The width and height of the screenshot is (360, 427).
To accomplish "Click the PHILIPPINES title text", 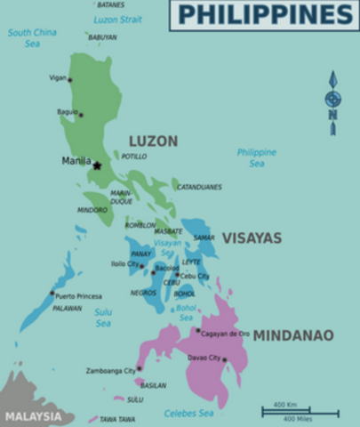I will [264, 15].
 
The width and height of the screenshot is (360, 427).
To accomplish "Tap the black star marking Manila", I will [97, 165].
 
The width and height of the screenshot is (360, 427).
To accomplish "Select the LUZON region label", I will [153, 141].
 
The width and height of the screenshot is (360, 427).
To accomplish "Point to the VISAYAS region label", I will [252, 238].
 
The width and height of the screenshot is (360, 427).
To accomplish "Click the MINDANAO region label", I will [293, 335].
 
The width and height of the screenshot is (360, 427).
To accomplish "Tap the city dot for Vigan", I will [70, 80].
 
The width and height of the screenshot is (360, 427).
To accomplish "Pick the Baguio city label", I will [67, 111].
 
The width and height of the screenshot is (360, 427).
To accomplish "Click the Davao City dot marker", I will [224, 359].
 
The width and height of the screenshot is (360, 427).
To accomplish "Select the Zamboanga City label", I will [110, 369].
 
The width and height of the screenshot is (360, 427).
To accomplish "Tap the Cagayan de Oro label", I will [227, 333].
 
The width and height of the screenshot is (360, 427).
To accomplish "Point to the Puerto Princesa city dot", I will [52, 293].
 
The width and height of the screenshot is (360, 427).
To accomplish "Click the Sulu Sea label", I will [103, 318].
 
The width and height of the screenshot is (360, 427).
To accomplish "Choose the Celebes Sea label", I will [188, 413].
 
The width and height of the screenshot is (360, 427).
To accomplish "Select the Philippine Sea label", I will [256, 157].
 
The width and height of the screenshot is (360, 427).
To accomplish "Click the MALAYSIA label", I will [34, 415].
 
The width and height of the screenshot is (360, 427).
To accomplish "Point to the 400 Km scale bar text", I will [285, 405].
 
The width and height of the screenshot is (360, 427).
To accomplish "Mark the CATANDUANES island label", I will [199, 188].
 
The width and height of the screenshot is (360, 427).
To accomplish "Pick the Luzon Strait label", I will [118, 19].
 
